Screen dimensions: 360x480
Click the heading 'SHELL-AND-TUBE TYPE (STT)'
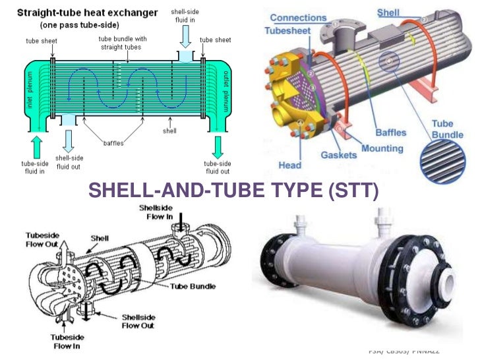233,191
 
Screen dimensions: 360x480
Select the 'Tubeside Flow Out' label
45,239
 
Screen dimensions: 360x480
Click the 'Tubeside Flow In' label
67,342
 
